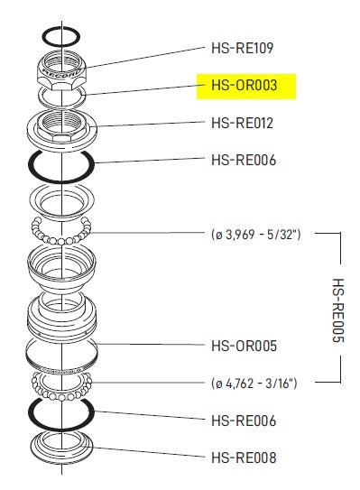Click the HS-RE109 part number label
click(242, 47)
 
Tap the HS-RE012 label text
click(242, 123)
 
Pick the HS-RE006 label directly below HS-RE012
click(242, 161)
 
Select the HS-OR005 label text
click(242, 346)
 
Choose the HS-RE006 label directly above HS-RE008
click(242, 421)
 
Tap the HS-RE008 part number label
click(242, 458)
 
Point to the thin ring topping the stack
click(62, 37)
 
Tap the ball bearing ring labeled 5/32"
click(62, 233)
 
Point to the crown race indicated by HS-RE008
click(62, 447)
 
